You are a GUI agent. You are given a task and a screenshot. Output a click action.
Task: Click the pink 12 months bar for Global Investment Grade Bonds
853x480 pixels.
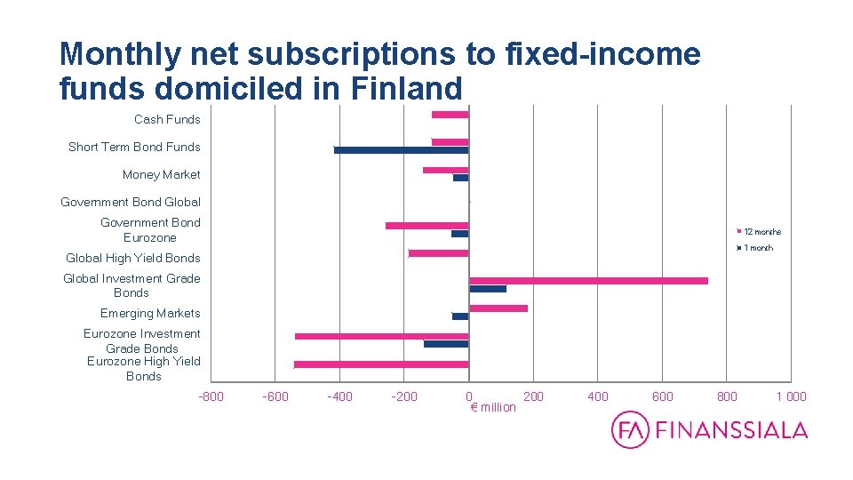click(588, 281)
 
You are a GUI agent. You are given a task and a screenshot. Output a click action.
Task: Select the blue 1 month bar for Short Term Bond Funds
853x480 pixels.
click(401, 150)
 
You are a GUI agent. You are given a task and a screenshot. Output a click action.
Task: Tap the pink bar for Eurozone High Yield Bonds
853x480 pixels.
click(381, 364)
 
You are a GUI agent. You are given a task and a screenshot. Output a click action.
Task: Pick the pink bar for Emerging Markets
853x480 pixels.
click(498, 308)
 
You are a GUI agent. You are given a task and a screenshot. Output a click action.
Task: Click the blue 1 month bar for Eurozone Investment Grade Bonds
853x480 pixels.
click(446, 343)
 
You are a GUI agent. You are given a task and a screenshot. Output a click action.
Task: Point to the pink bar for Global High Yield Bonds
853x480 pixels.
click(438, 253)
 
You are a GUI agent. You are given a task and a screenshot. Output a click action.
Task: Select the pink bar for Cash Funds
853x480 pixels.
click(450, 115)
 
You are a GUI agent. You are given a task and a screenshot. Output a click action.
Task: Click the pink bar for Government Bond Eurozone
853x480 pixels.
click(426, 226)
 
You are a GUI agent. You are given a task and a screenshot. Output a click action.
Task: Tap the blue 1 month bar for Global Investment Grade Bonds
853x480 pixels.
click(487, 289)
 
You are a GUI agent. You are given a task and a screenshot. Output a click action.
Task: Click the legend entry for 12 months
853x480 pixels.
click(761, 232)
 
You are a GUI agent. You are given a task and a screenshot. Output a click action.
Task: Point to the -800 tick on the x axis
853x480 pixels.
click(211, 396)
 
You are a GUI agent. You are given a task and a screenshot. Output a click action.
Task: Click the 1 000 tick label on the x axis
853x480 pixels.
click(791, 396)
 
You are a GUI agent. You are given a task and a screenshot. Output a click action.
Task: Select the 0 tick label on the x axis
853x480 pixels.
click(468, 396)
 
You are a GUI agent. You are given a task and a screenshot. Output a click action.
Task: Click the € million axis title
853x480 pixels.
click(492, 407)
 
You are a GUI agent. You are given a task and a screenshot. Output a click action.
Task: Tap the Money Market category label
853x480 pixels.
click(162, 174)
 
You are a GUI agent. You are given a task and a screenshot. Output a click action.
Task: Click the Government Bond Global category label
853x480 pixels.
click(131, 202)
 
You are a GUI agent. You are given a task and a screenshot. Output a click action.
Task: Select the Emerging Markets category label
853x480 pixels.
click(150, 313)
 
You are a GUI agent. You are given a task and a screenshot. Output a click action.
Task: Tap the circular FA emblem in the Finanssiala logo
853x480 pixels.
click(630, 430)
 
